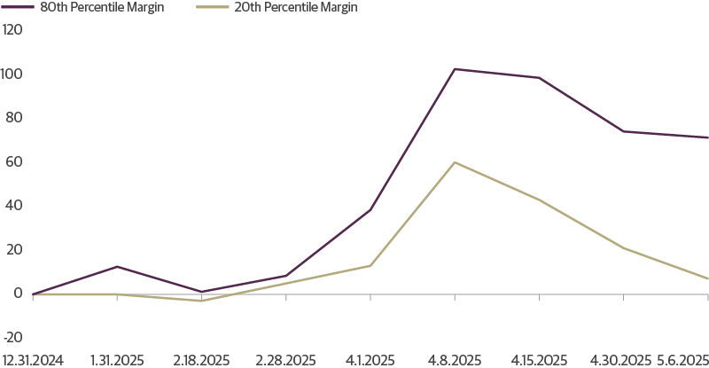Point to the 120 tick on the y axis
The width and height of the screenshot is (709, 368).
(x=12, y=29)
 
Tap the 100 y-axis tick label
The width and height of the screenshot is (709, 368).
(x=12, y=74)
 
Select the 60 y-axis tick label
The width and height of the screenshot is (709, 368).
(x=13, y=161)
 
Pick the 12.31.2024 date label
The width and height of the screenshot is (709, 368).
(x=33, y=361)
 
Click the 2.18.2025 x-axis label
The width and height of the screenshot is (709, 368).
(x=201, y=361)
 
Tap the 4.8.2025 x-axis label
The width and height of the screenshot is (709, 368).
(x=455, y=361)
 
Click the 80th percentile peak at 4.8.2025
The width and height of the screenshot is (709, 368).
(x=455, y=69)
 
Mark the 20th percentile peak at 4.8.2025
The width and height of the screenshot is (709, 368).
(x=455, y=162)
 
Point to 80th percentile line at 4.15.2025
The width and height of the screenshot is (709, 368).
(x=539, y=78)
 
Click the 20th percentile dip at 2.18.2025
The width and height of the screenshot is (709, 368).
(x=201, y=301)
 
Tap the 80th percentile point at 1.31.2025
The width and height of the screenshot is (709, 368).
(x=117, y=267)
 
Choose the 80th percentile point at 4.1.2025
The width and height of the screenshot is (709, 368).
(x=370, y=210)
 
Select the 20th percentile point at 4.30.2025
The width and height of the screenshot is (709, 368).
(x=623, y=247)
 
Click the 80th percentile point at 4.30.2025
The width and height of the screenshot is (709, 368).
(x=623, y=131)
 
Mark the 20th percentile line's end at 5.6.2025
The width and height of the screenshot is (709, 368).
(x=707, y=279)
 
